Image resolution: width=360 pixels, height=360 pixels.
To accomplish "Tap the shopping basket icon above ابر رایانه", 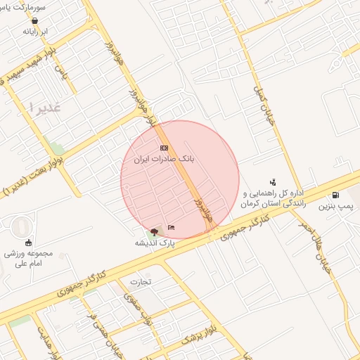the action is pos(34,21).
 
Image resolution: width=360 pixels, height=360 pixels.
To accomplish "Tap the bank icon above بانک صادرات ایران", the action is pos(164,148).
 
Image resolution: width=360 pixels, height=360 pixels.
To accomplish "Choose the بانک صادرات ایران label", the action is pos(164,160).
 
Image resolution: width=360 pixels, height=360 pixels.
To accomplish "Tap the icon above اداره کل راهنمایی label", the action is pos(273,182).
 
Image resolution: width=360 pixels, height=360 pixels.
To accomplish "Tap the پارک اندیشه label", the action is pos(155,242).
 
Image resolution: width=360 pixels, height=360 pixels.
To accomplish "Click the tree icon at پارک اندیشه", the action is pos(154,232).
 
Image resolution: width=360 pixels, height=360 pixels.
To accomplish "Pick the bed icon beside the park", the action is pos(171,226).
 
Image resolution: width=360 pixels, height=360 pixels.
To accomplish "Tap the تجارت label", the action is pos(140,282).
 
